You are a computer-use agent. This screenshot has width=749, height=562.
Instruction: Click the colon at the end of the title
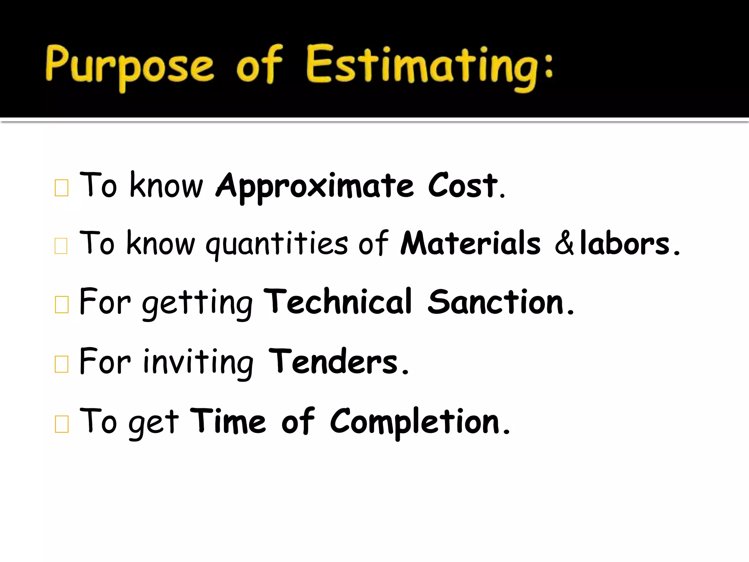548,66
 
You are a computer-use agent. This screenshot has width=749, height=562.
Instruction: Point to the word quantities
276,244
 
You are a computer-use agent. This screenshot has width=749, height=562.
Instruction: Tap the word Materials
470,244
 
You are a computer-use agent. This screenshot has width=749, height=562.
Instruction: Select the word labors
625,244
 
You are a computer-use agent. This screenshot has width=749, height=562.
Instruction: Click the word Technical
338,302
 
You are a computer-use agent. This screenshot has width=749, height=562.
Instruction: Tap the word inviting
198,362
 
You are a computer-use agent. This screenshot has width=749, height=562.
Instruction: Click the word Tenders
333,361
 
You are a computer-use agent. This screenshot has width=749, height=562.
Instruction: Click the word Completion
415,421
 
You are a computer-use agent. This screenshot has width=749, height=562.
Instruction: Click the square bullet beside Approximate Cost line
61,188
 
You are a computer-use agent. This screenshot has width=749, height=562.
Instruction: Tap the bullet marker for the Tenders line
61,364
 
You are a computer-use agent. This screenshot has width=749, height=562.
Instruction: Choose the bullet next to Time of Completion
61,424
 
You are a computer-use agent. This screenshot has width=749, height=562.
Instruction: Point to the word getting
197,304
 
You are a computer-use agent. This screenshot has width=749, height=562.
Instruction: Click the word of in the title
259,66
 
